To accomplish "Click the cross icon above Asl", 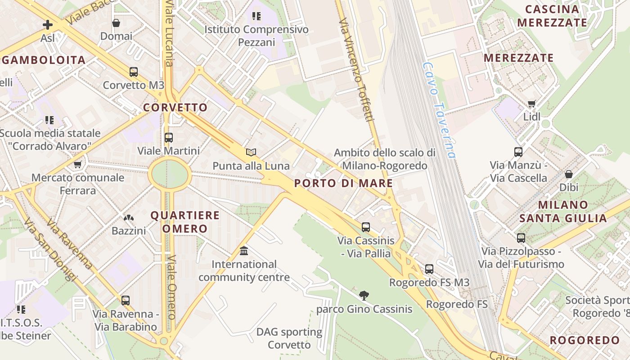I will coord(48,24).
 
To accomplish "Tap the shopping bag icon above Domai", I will coord(116,22).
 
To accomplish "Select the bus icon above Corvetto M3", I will coord(134,72).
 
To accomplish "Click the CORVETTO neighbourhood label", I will coord(175,108).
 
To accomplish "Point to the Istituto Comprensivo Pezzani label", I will coord(256,36).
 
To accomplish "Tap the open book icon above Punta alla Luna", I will coord(251,153).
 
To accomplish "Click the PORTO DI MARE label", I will coord(343,183).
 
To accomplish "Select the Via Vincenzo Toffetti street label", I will coord(357,70).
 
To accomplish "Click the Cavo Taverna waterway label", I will coord(439,110).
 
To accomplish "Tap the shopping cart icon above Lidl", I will coord(532,104).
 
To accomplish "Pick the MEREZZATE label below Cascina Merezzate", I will coord(518,58).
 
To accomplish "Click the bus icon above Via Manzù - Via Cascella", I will coord(518,152).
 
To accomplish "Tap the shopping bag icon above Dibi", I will coord(569,174).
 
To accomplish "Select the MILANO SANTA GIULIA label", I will coord(563,211).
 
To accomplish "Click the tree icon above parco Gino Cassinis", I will coord(364,296).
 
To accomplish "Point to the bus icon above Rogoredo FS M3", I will coord(429,269).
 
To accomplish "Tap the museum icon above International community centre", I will coord(244,250).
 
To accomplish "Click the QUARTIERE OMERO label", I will coord(185,222).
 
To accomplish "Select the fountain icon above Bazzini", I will coord(129,218).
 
